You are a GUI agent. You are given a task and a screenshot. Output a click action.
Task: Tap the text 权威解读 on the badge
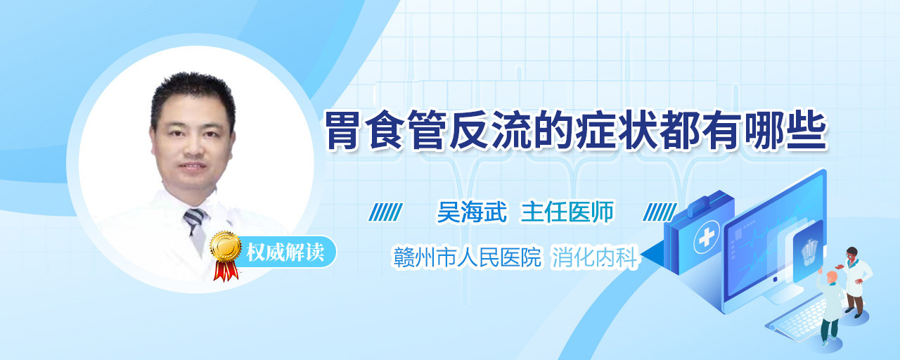pos(285,252)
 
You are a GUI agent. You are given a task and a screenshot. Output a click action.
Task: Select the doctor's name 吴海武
pos(472,212)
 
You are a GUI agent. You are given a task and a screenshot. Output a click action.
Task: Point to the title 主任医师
pos(567,212)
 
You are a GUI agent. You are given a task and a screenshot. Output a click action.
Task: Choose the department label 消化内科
pos(595,257)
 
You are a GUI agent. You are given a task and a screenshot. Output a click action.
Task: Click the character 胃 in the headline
pos(342,131)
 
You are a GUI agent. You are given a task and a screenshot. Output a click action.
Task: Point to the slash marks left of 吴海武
pos(385,212)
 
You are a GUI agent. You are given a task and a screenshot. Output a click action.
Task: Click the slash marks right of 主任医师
pos(660,212)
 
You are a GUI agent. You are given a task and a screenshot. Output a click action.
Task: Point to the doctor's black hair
pos(193,94)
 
